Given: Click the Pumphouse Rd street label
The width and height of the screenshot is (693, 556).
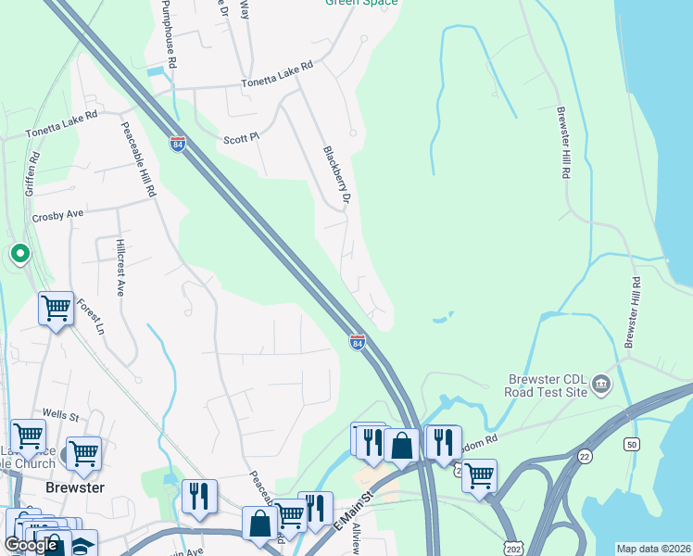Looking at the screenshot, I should (167, 32).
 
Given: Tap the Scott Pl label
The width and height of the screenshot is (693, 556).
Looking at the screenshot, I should (241, 139).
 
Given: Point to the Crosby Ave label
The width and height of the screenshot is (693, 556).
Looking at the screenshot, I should (57, 215).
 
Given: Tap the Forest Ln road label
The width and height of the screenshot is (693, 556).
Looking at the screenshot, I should (90, 316).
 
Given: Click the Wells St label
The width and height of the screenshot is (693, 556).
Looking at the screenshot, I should (60, 415).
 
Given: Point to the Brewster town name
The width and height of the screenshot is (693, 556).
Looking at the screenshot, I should (75, 487).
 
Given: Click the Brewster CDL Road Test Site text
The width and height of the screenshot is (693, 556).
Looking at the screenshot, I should (547, 385).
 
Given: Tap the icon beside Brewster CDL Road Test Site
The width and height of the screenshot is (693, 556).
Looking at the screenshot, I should (600, 383).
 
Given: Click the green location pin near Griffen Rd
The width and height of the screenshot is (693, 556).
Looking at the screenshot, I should (19, 253).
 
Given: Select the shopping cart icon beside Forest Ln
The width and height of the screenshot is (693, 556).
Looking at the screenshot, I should (56, 308).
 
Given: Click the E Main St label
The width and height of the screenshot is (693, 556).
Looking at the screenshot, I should (353, 512).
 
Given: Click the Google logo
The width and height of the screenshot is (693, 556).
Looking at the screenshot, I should (31, 545).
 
